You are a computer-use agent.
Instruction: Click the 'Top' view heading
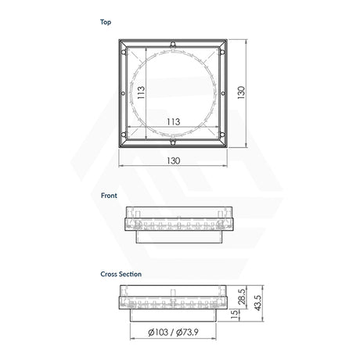pos(106,23)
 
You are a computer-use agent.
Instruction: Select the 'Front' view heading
pos(109,196)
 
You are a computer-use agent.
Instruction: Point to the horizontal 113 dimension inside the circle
pos(174,121)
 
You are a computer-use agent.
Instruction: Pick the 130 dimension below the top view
pos(173,160)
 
